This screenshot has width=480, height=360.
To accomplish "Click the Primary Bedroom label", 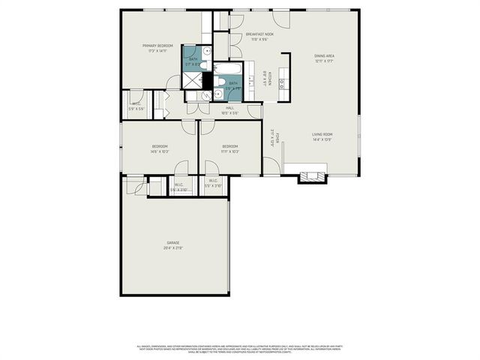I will (158, 46).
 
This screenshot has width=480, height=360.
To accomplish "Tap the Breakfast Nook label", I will (259, 34).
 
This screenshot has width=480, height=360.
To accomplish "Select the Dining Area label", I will (324, 55).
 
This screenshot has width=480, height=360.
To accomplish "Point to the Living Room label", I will (322, 134).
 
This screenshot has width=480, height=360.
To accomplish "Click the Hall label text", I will (229, 108).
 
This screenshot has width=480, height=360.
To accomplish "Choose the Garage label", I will (173, 242).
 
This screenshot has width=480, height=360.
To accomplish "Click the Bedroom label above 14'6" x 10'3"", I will (160, 145).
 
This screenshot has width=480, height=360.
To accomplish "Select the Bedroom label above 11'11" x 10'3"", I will (229, 145).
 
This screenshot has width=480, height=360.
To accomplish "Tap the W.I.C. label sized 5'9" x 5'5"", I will (136, 103).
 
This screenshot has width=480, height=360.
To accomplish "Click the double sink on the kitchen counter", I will (283, 83).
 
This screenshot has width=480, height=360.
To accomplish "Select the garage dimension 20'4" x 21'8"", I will (173, 247).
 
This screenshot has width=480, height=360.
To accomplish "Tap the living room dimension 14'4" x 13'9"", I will (322, 139).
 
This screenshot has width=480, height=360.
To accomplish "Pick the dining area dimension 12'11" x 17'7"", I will (324, 61).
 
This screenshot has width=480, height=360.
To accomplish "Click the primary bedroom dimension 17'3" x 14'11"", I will (158, 51).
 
